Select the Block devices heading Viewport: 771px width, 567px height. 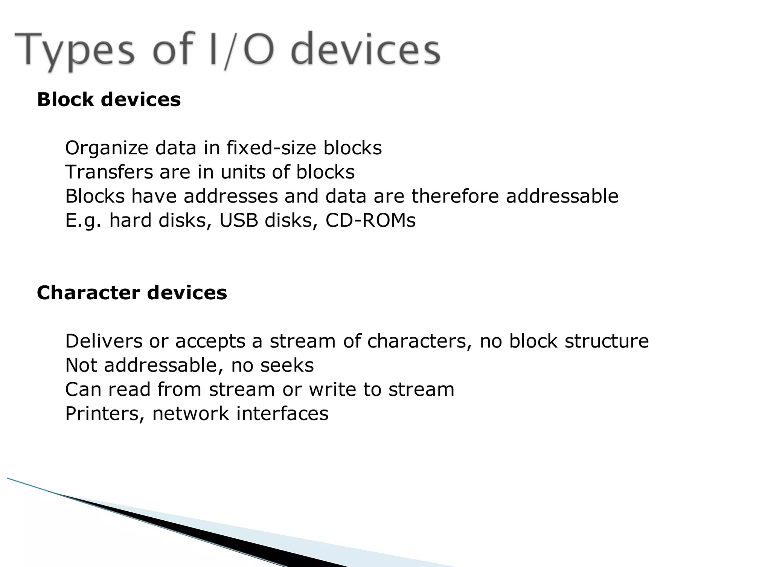pos(109,100)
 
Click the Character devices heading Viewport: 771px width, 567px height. pos(132,293)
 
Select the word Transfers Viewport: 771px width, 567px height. pos(109,172)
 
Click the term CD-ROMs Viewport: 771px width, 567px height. pos(370,220)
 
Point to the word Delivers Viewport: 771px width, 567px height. pos(104,341)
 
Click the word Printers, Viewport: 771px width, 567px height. pos(105,413)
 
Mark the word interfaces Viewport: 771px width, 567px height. pos(282,413)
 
